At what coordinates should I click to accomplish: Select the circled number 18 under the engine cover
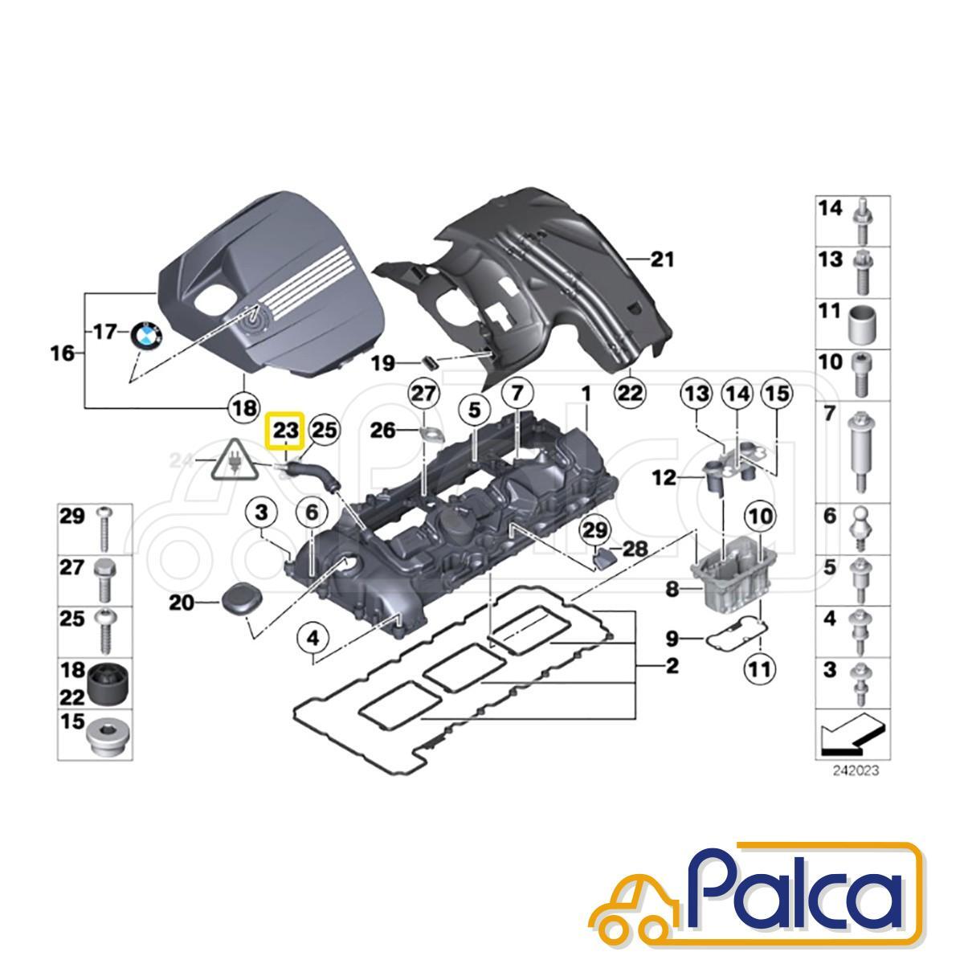pyautogui.click(x=245, y=410)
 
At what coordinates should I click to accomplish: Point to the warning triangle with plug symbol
pyautogui.click(x=234, y=460)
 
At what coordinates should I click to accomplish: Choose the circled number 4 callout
pyautogui.click(x=313, y=639)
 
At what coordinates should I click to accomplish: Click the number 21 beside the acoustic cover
pyautogui.click(x=662, y=260)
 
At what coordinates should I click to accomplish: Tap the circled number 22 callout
pyautogui.click(x=630, y=393)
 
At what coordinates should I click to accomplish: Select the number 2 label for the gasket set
pyautogui.click(x=672, y=666)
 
